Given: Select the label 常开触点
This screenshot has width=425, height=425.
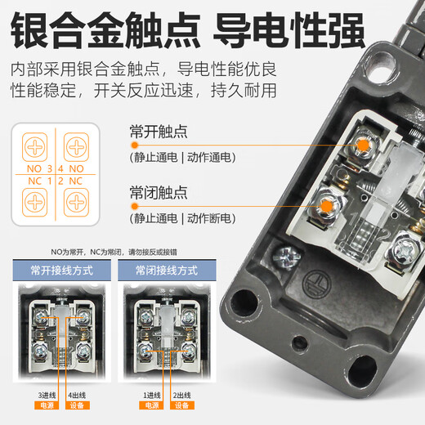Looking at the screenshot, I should pyautogui.click(x=159, y=132).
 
